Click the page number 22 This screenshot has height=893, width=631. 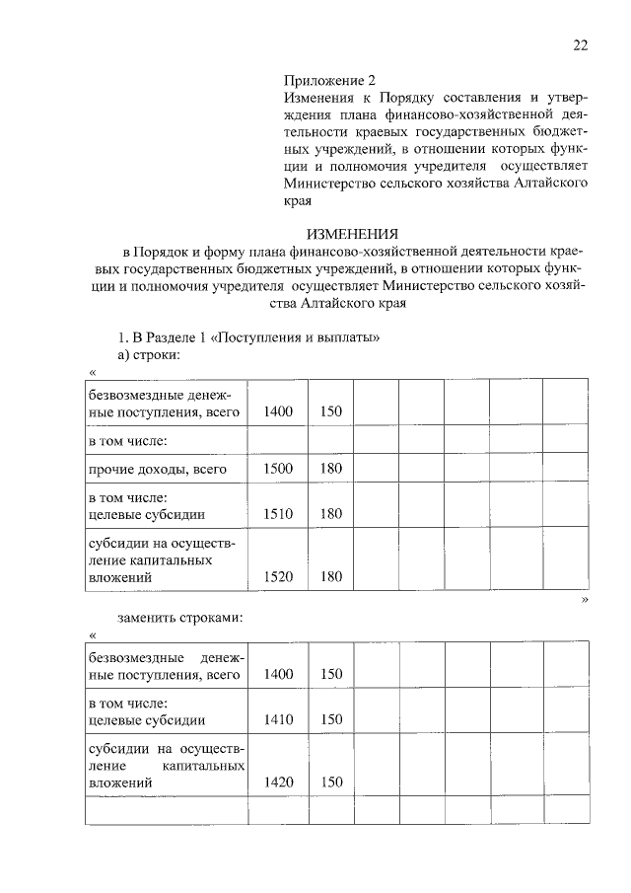click(x=580, y=44)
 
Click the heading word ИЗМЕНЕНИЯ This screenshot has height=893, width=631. click(x=353, y=234)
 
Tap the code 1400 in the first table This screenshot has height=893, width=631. click(x=279, y=410)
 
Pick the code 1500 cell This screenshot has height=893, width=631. click(x=279, y=468)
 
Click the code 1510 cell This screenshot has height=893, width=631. click(x=279, y=513)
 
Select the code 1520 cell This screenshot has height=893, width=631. click(x=279, y=576)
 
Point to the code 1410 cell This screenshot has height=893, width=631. click(x=279, y=720)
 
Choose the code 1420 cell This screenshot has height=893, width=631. click(x=279, y=782)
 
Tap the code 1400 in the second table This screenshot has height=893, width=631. click(x=279, y=675)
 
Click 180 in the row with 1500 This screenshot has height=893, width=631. click(x=330, y=468)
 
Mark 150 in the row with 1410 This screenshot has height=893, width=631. click(x=330, y=720)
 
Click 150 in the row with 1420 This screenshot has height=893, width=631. click(x=330, y=782)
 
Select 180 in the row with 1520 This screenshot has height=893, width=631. click(x=330, y=576)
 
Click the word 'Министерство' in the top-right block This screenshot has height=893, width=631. click(x=330, y=183)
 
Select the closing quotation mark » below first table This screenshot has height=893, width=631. click(x=585, y=599)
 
